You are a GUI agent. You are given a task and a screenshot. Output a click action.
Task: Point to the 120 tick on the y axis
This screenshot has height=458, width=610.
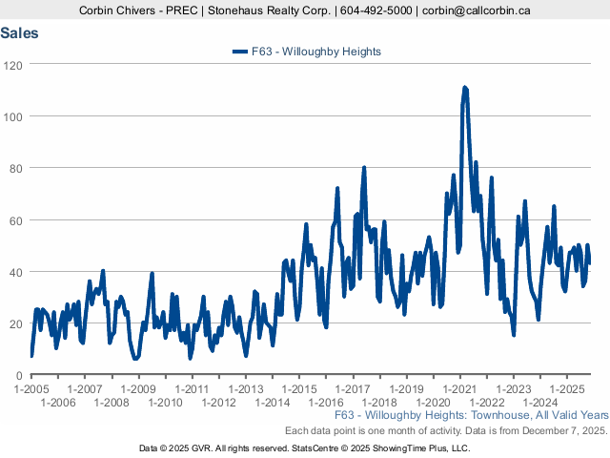14,64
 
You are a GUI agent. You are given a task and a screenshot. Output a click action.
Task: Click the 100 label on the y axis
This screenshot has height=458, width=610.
14,116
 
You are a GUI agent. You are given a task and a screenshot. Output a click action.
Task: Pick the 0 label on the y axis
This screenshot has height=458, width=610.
20,376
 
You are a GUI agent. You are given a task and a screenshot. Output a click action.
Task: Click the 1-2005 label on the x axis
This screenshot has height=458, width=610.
31,389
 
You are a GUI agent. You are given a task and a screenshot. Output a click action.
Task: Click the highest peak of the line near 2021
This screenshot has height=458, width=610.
464,88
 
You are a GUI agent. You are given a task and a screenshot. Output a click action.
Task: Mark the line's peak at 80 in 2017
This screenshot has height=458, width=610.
363,168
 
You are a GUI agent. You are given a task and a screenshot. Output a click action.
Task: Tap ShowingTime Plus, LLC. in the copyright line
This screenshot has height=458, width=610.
421,448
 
